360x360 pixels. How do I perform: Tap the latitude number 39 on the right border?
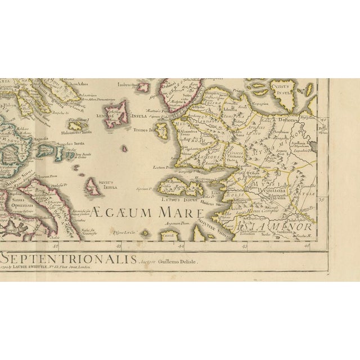[x=322, y=199]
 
